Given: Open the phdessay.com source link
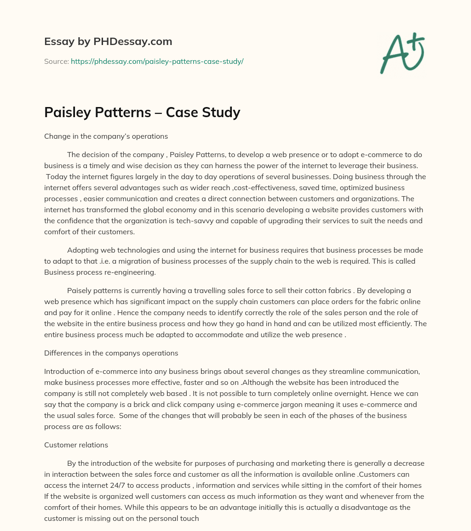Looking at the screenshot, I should pos(157,61).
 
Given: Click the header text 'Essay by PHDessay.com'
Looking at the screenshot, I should pos(108,41).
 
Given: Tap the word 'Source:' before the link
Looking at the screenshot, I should pos(56,61).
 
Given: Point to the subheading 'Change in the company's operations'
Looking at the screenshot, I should pos(106,136).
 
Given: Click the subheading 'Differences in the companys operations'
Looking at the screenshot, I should pos(111,353).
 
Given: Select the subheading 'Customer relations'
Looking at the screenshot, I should pos(76,445).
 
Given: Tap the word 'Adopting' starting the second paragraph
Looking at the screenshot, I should pos(81,250).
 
